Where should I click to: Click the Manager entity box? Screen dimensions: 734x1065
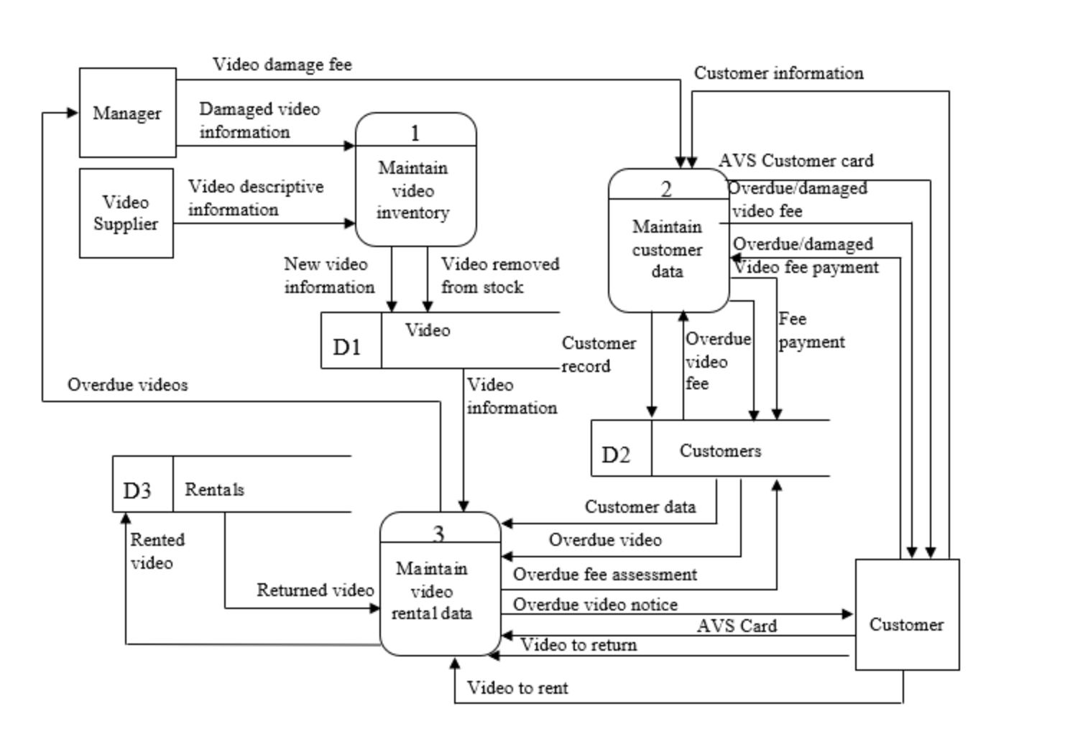click(127, 113)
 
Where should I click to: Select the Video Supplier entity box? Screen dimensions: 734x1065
click(126, 213)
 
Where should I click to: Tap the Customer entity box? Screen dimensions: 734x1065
click(906, 623)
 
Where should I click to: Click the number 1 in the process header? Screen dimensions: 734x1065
click(415, 133)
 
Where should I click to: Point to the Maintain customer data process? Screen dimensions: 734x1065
click(667, 248)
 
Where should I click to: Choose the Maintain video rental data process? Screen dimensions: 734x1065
click(432, 590)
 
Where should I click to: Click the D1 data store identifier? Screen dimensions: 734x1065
click(346, 347)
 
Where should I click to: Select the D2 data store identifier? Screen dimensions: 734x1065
click(616, 455)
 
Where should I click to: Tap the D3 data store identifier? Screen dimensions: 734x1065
click(137, 490)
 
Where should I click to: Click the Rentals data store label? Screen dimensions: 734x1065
click(214, 489)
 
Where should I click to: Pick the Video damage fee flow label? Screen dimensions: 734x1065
click(282, 65)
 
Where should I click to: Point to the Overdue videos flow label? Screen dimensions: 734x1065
click(127, 385)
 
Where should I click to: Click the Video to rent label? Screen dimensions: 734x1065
click(517, 688)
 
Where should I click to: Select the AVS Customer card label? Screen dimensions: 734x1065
click(796, 161)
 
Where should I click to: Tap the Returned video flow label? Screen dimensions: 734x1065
click(315, 590)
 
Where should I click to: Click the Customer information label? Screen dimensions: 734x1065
click(778, 73)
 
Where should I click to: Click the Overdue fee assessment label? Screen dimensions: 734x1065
click(604, 575)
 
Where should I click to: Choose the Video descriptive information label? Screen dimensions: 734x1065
click(255, 198)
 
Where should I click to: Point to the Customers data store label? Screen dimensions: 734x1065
click(720, 451)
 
